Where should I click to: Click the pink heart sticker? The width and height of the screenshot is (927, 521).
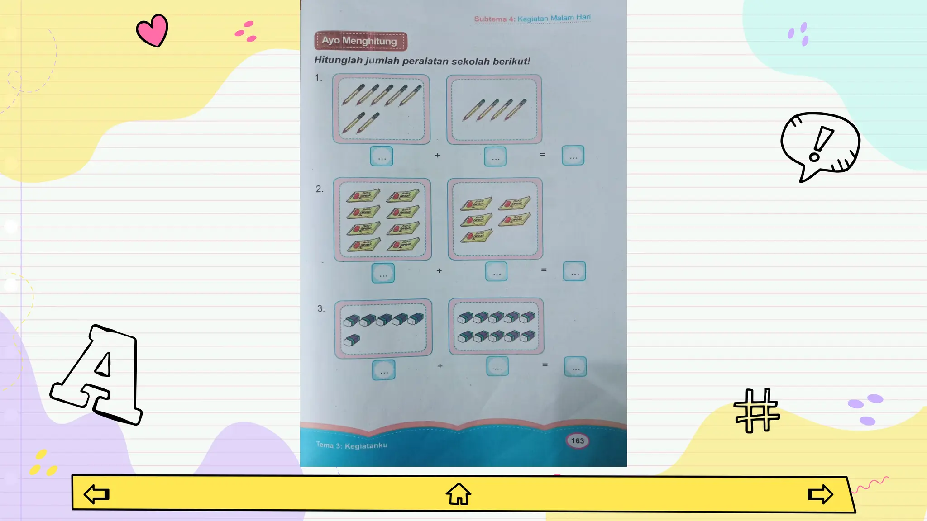(x=153, y=30)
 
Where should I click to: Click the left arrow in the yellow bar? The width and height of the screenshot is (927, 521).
(x=97, y=494)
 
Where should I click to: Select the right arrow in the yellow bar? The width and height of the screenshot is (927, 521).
(x=820, y=494)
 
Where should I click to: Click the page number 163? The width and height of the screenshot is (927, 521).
(x=578, y=440)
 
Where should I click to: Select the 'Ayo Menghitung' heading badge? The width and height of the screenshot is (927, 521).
(x=360, y=41)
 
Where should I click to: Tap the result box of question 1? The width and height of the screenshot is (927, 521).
(x=573, y=156)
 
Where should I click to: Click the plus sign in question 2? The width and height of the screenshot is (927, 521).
(x=439, y=271)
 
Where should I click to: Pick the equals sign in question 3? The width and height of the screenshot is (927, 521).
(x=545, y=365)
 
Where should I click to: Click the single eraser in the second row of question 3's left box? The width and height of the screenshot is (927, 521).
(x=352, y=340)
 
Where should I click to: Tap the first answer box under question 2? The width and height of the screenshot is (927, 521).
(x=383, y=273)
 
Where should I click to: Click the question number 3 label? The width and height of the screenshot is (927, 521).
(x=321, y=308)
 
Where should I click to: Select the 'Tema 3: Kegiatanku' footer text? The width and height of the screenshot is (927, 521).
(x=352, y=445)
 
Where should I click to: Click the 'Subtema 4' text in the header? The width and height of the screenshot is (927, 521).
(x=494, y=19)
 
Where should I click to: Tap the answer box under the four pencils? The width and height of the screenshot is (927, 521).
(x=495, y=157)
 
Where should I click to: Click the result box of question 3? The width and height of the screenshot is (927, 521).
(x=575, y=367)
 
